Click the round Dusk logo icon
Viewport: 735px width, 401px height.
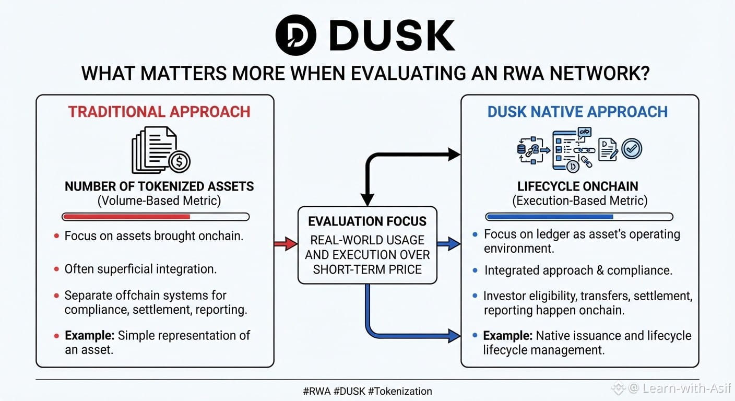click(295, 35)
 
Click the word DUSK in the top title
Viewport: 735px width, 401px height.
click(392, 35)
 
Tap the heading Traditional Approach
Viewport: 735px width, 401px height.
click(159, 112)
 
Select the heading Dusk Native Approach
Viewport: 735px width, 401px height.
click(577, 112)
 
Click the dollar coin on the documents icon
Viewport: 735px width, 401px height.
click(179, 161)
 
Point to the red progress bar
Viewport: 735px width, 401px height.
click(126, 217)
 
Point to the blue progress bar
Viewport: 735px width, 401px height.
click(550, 217)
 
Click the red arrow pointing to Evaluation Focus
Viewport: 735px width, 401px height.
click(286, 243)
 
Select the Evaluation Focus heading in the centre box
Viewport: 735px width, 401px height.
click(367, 221)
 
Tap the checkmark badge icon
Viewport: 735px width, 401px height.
click(632, 149)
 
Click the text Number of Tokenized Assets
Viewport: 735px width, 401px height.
click(159, 186)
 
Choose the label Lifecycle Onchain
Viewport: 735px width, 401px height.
click(577, 186)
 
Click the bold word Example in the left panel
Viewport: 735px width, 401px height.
click(90, 335)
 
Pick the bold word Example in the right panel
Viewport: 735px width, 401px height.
click(508, 336)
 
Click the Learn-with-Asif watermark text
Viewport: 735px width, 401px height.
click(686, 388)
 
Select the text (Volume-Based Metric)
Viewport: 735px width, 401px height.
click(159, 200)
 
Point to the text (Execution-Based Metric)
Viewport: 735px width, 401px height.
click(580, 200)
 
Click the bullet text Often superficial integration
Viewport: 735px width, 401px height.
click(140, 269)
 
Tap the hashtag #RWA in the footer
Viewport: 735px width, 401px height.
click(317, 391)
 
